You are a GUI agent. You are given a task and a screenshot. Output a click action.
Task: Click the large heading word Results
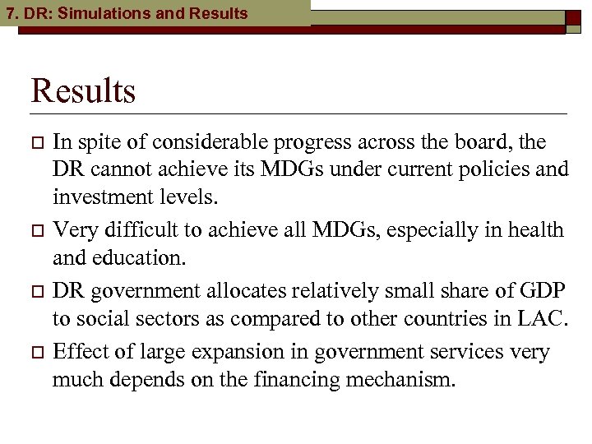coord(83,90)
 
